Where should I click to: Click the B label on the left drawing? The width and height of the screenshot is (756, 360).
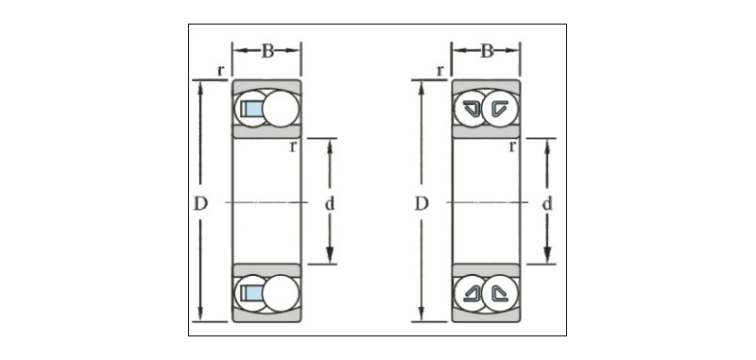[x=267, y=51]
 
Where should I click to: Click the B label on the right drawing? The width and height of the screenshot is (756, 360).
[x=487, y=51]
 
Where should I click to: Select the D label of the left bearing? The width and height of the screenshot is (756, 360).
[x=200, y=204]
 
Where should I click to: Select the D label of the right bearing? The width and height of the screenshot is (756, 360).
[x=421, y=204]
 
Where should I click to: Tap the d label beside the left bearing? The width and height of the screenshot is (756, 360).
[x=329, y=204]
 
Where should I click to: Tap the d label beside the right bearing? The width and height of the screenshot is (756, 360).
[x=547, y=204]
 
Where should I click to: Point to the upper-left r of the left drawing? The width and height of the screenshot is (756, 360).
[x=220, y=71]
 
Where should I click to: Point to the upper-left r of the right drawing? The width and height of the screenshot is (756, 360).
[x=439, y=71]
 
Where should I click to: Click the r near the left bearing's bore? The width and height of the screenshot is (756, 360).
[x=293, y=146]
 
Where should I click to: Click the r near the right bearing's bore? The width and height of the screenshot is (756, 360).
[x=512, y=146]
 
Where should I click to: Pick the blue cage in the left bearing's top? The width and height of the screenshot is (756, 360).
[x=252, y=109]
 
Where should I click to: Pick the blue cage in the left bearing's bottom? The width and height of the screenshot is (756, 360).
[x=252, y=293]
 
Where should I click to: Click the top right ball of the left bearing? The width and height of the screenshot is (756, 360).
[x=281, y=109]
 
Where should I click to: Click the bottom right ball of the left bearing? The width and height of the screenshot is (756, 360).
[x=281, y=293]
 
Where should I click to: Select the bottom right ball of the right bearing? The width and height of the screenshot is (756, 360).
[x=500, y=293]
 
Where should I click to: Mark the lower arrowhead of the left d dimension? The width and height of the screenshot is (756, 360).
[x=330, y=255]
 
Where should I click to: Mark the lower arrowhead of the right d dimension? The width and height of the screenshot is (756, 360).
[x=547, y=255]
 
